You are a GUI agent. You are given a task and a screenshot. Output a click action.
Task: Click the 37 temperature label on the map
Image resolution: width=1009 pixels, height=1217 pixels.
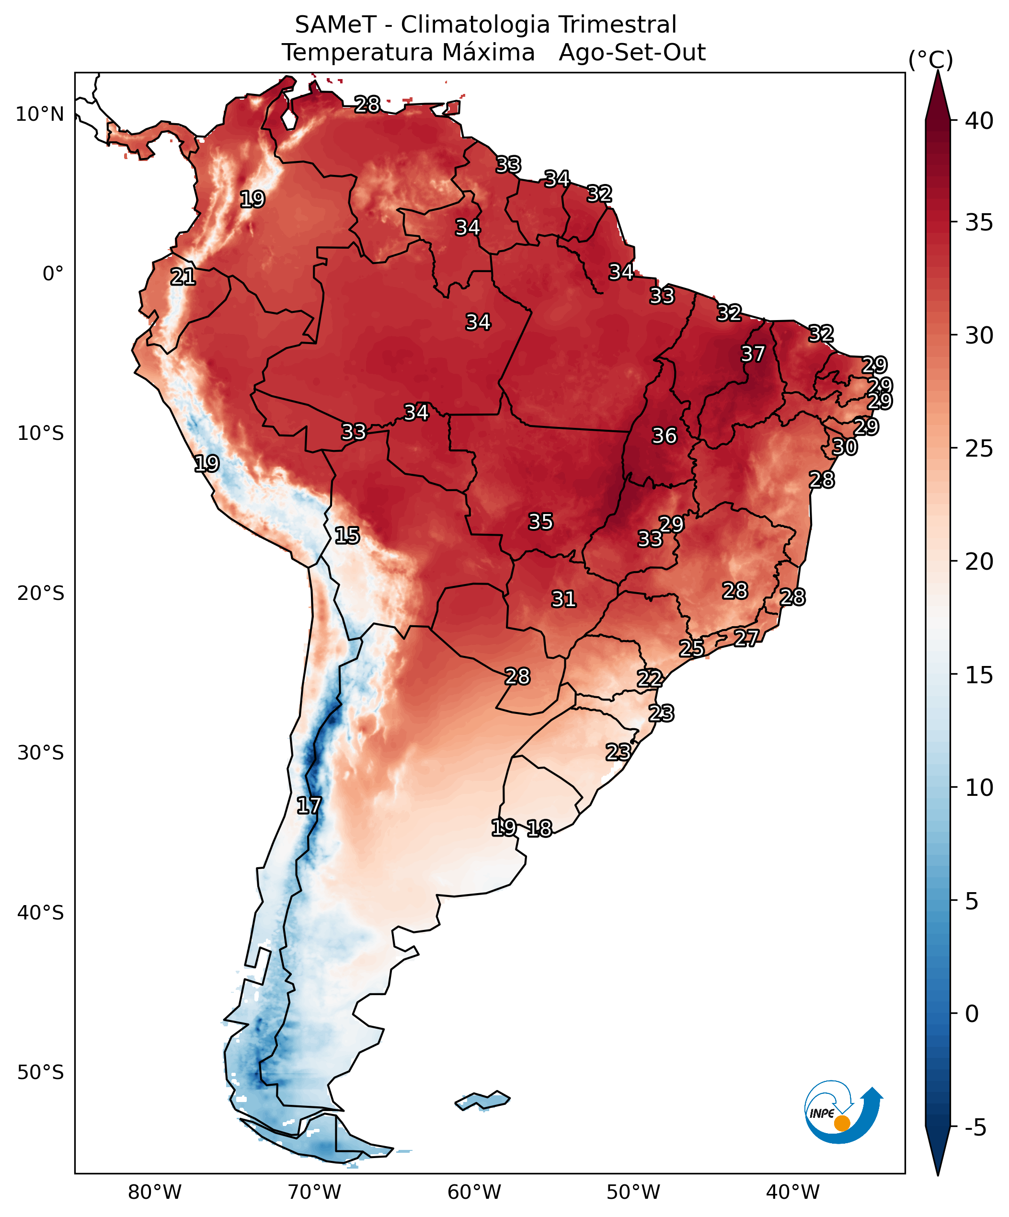753,354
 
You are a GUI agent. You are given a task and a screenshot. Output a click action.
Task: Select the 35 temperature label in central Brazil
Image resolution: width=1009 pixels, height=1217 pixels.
540,522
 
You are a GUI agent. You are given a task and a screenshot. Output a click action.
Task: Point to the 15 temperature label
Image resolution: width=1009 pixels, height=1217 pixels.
346,535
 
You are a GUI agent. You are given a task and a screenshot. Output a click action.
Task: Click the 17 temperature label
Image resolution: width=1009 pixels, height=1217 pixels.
309,805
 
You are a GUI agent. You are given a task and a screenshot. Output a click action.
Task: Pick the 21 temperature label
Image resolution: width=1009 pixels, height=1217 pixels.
183,276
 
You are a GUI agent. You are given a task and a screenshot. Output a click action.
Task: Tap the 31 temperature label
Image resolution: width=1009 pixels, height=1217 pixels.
563,598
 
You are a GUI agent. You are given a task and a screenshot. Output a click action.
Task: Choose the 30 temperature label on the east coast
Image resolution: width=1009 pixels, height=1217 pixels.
844,447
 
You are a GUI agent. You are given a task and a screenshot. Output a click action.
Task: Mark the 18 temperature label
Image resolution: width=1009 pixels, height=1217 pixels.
539,829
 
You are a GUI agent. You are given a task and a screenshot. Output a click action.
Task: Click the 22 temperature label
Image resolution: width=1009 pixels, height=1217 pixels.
649,678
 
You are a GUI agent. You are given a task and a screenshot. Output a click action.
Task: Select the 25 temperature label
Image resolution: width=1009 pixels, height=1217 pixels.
691,648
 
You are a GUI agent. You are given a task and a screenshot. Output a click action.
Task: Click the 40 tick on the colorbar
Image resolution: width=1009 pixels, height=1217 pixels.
979,121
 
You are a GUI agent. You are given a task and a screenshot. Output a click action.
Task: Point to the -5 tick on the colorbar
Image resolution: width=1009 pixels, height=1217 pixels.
975,1128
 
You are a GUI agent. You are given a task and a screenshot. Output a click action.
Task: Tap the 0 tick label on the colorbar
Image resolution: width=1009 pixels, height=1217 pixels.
972,1013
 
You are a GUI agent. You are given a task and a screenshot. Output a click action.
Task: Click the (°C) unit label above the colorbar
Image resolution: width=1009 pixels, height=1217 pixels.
930,60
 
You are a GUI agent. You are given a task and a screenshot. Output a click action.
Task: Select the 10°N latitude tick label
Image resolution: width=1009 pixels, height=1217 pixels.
39,114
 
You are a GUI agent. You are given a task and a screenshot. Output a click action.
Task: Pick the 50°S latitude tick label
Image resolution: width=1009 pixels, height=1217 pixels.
40,1073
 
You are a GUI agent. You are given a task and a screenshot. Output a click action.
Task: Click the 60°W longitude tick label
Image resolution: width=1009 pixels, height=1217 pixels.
474,1193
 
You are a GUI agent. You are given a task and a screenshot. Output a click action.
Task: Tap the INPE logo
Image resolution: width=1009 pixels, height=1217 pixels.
843,1112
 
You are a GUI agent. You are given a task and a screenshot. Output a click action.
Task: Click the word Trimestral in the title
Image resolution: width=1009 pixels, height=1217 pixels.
617,25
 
